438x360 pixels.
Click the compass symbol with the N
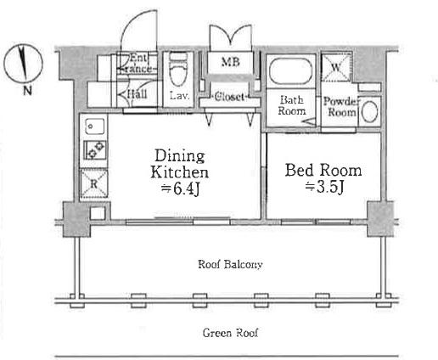[23, 63]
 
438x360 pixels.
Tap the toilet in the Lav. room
[178, 70]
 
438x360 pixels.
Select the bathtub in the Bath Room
[290, 70]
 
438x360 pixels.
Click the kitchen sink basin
[95, 127]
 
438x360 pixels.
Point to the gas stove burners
[95, 150]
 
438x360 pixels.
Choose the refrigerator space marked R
[94, 183]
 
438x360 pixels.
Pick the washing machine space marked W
[336, 67]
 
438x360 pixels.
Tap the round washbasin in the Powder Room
[369, 111]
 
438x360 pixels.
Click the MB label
[231, 62]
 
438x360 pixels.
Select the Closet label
[229, 97]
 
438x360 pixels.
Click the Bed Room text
[323, 170]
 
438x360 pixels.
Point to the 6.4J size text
[181, 188]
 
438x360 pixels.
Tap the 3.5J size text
[325, 187]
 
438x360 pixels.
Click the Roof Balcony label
[230, 265]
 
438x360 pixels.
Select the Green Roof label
[230, 333]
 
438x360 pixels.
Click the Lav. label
[179, 96]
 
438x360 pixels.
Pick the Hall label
[137, 94]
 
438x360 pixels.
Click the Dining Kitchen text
[180, 164]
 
